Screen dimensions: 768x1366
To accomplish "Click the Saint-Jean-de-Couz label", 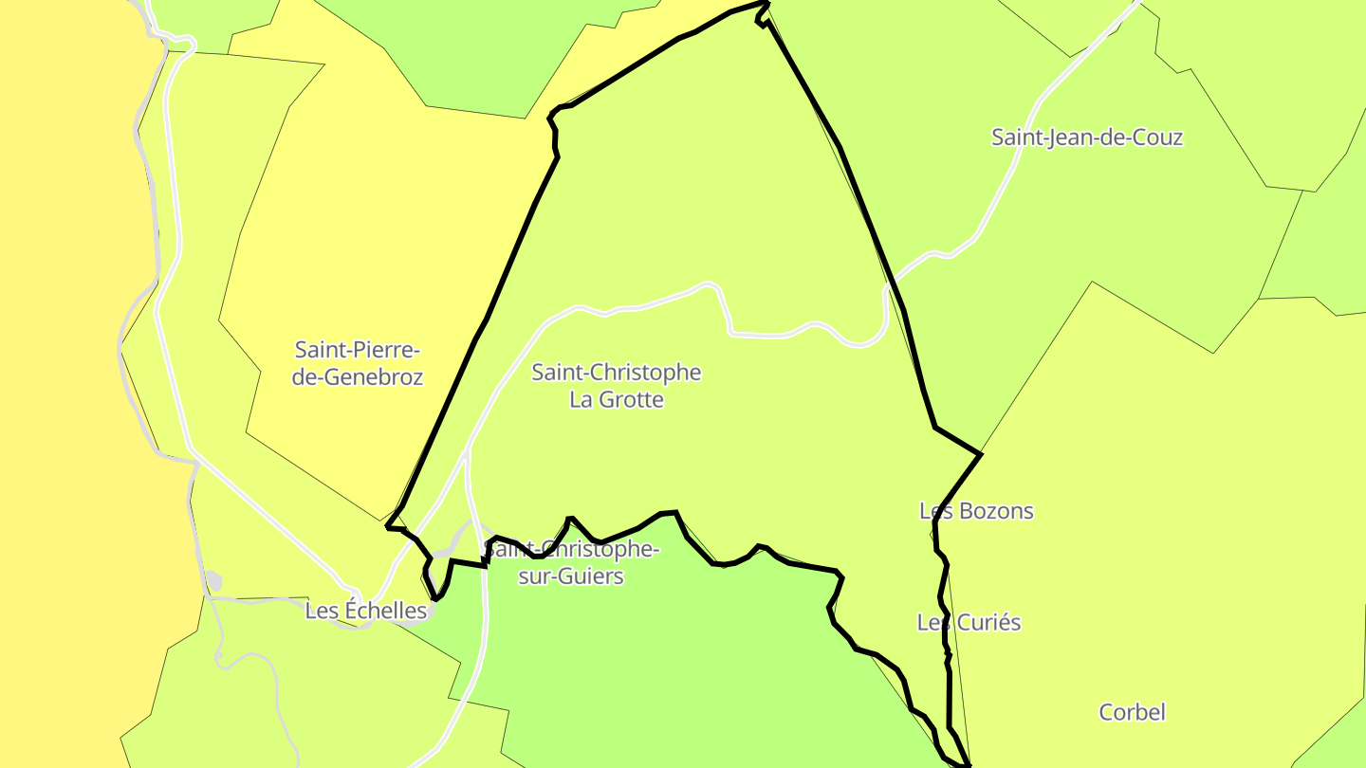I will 1087,137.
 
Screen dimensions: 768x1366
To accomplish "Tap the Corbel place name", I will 1132,712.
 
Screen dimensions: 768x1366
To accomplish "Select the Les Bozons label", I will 976,511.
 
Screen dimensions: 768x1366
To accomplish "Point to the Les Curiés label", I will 969,623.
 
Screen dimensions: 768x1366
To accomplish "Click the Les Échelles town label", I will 365,611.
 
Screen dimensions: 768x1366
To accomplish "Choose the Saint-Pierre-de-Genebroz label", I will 357,364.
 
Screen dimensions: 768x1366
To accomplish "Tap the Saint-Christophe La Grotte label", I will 616,386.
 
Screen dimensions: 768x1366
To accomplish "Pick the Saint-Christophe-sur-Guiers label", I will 571,562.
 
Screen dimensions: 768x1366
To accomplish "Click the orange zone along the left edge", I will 57,379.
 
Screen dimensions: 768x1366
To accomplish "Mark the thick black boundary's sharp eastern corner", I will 981,454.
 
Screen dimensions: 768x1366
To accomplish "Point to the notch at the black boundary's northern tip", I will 761,18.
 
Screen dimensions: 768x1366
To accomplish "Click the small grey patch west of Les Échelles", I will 213,581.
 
